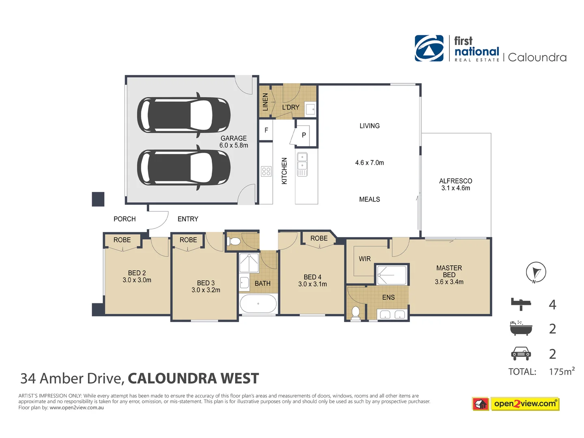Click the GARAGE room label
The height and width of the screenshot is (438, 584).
click(234, 138)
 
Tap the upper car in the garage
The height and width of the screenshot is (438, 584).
click(184, 115)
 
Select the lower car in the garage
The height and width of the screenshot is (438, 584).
click(184, 167)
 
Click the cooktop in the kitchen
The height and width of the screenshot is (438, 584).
click(266, 171)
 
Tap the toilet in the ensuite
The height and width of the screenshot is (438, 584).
click(356, 313)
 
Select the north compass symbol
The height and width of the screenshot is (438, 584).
click(536, 272)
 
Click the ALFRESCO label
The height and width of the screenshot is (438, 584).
click(455, 181)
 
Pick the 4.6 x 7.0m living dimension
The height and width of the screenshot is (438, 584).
click(369, 163)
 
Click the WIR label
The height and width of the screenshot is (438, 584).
click(365, 259)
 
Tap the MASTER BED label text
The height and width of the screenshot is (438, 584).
click(449, 271)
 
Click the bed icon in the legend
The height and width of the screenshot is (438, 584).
click(521, 304)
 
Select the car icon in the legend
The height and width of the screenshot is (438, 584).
click(521, 354)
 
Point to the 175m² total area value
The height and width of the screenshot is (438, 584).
click(561, 371)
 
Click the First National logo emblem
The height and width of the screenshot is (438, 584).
click(429, 48)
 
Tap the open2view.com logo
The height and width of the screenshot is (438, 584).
click(525, 404)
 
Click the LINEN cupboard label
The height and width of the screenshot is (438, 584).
click(265, 102)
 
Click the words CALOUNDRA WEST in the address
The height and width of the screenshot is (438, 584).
click(193, 378)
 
